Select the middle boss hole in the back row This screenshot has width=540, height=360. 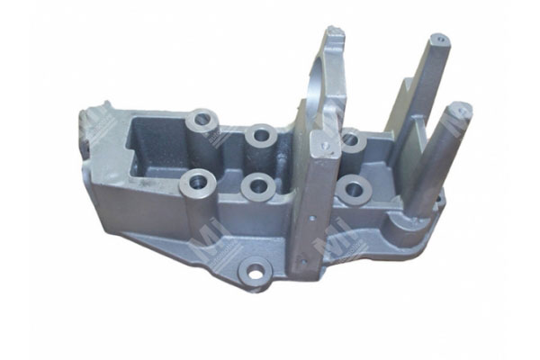coord(262,135)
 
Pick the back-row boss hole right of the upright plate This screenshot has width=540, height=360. coord(352,139)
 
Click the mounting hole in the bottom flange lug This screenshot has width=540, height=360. coord(256,269)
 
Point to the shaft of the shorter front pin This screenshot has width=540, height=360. coord(441,162)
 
